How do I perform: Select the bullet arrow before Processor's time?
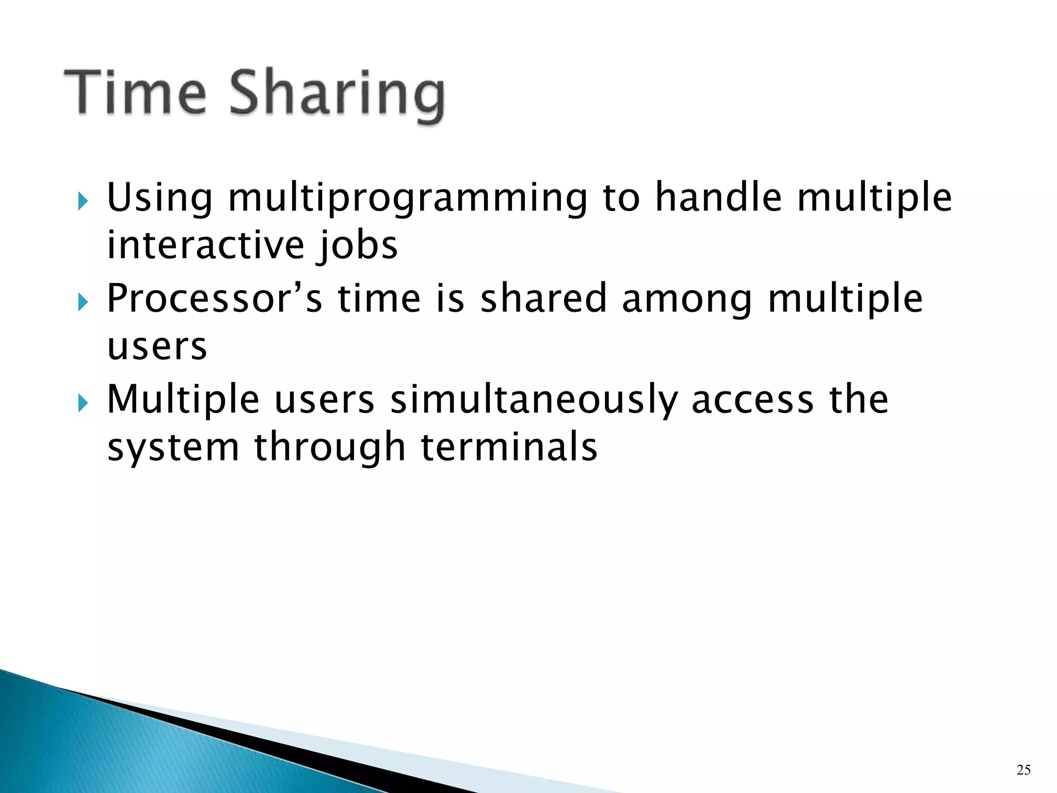click(x=82, y=303)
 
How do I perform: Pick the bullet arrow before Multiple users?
click(x=82, y=403)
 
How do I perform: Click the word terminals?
click(x=509, y=447)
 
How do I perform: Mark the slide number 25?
click(x=1023, y=770)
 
